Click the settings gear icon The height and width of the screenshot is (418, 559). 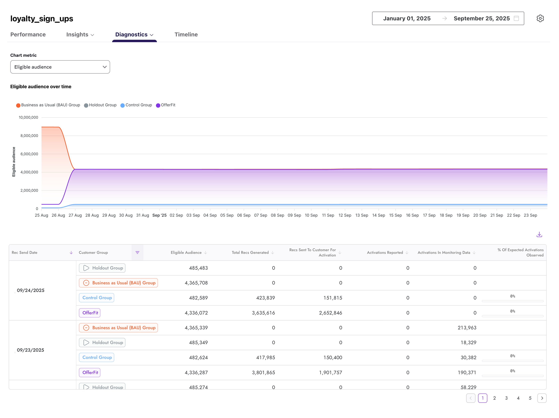point(540,18)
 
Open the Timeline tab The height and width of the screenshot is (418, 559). point(186,34)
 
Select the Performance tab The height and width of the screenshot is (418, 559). point(28,34)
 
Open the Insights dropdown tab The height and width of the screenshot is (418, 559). point(80,34)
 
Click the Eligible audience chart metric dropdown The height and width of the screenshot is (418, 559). point(60,67)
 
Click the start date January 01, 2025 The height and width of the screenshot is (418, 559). point(407,18)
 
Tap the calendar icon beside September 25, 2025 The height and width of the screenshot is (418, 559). point(516,18)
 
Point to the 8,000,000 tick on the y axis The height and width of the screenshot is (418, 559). point(29,136)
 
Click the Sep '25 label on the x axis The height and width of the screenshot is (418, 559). point(159,215)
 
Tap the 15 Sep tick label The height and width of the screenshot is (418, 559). point(395,215)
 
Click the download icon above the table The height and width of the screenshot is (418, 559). point(539,234)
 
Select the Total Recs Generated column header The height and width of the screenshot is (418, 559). point(250,252)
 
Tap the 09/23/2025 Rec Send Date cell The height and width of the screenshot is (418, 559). point(31,350)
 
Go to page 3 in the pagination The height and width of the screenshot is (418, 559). point(506,398)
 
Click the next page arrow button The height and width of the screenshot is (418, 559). point(542,398)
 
